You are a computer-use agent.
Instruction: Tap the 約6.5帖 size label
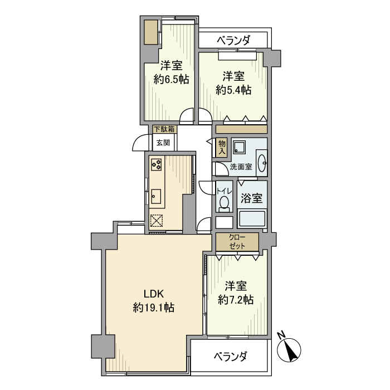[x=171, y=79]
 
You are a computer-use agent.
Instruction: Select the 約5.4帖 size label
[x=233, y=89]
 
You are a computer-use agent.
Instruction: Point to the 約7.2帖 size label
[x=236, y=300]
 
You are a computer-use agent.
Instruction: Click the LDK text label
[x=154, y=294]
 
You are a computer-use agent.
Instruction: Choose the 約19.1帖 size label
[x=154, y=307]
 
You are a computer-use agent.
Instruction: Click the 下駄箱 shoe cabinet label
[x=164, y=129]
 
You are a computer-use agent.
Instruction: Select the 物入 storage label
[x=221, y=147]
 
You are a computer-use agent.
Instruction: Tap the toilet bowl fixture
[x=225, y=202]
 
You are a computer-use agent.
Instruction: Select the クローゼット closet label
[x=237, y=241]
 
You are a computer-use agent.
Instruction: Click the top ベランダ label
[x=233, y=40]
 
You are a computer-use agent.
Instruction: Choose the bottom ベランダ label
[x=230, y=357]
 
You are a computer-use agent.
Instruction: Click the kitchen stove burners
[x=157, y=164]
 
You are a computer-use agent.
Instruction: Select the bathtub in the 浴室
[x=252, y=219]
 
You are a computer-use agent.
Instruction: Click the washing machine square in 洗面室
[x=241, y=147]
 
